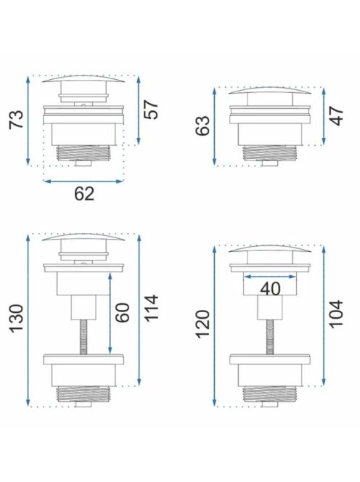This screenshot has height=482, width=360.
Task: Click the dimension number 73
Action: pyautogui.click(x=16, y=119)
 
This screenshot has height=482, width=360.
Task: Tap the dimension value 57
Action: pyautogui.click(x=151, y=110)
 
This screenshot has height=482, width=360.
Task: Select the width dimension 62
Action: pyautogui.click(x=84, y=194)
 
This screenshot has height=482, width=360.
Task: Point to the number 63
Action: pyautogui.click(x=203, y=126)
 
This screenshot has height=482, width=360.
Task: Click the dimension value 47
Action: pyautogui.click(x=336, y=115)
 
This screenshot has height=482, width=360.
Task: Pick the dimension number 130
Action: pyautogui.click(x=16, y=319)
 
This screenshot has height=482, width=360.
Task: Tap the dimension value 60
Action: pyautogui.click(x=123, y=313)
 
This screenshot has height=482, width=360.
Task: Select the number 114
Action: pyautogui.click(x=151, y=309)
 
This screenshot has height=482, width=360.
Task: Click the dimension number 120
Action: pyautogui.click(x=203, y=324)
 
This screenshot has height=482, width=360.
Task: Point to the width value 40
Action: pyautogui.click(x=270, y=289)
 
